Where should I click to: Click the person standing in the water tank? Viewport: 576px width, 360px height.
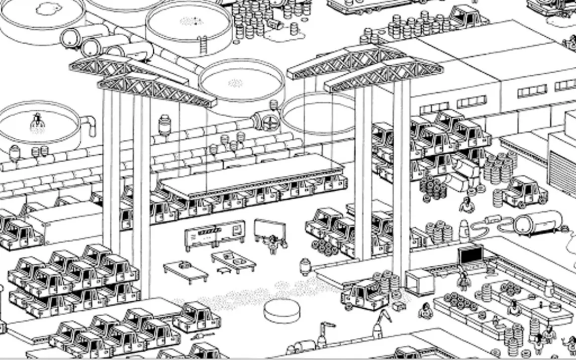click(x=37, y=122)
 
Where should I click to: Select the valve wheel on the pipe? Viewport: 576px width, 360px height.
click(x=270, y=122)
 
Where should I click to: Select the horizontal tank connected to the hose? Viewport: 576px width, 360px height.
click(x=537, y=222)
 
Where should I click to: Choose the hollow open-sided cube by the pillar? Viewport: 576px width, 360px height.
click(x=420, y=282)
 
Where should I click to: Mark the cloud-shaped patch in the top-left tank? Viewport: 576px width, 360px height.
click(x=49, y=8)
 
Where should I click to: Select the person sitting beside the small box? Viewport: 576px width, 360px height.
click(x=426, y=311)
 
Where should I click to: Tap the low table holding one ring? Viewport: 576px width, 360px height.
click(x=185, y=271)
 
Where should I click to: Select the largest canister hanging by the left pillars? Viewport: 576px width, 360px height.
click(x=164, y=125)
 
